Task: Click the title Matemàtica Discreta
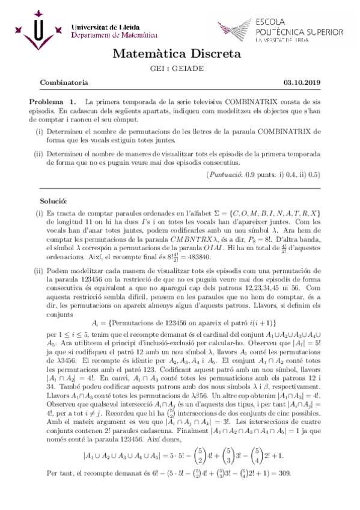point(180,55)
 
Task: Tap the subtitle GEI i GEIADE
point(180,69)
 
